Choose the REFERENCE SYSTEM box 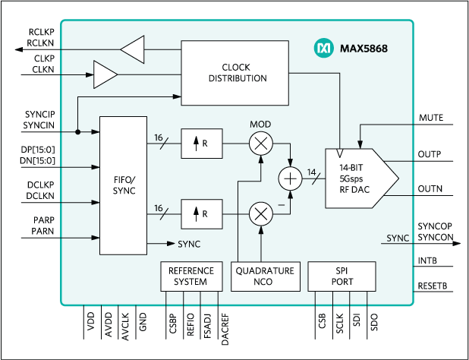click(191, 276)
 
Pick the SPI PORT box click(342, 276)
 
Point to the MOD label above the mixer click(260, 124)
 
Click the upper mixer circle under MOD click(261, 143)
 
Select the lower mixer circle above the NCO click(261, 214)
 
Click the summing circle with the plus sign click(290, 178)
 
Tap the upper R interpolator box click(202, 144)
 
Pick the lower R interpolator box click(202, 214)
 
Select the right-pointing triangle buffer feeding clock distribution click(105, 75)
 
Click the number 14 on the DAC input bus click(311, 172)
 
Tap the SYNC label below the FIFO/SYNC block click(189, 245)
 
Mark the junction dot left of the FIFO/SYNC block click(78, 131)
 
